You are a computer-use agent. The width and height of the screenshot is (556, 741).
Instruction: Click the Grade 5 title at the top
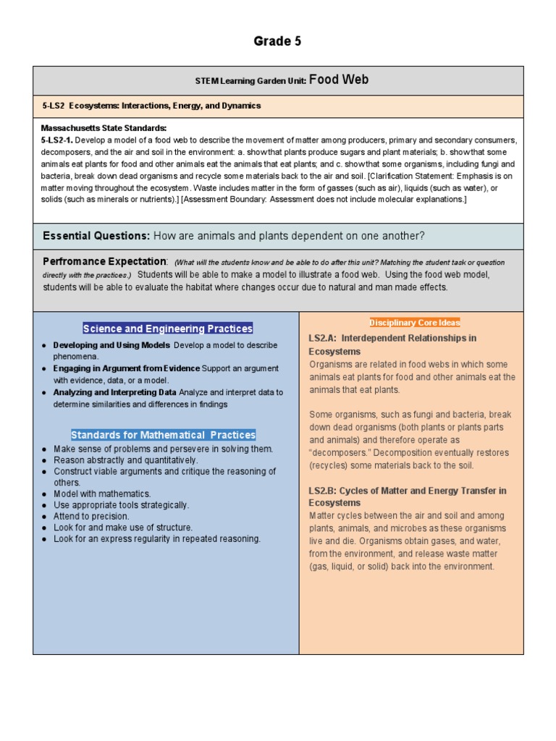coord(277,41)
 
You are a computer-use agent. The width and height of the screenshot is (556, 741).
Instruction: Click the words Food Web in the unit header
coord(339,80)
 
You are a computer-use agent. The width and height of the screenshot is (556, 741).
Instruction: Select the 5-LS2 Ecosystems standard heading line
coord(151,106)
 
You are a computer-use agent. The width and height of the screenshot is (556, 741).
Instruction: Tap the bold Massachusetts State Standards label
coord(104,128)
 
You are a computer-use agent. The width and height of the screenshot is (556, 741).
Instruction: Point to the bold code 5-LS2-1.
coord(56,140)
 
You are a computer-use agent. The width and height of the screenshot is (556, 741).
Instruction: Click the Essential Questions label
coord(96,236)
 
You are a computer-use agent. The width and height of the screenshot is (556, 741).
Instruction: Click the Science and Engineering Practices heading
coord(167,329)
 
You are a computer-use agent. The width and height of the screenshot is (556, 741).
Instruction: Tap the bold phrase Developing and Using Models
coord(111,345)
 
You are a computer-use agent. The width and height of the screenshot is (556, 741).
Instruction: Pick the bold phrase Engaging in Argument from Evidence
coord(126,368)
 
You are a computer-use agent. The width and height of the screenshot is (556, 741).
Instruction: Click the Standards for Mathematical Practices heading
coord(163,435)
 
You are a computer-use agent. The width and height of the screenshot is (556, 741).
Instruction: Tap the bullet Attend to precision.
coord(91,517)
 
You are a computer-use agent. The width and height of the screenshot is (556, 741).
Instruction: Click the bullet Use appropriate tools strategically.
coord(121,505)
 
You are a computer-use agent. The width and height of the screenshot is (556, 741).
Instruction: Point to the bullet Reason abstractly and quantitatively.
coord(125,460)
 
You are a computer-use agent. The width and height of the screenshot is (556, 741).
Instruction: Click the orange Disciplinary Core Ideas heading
coord(414,323)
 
